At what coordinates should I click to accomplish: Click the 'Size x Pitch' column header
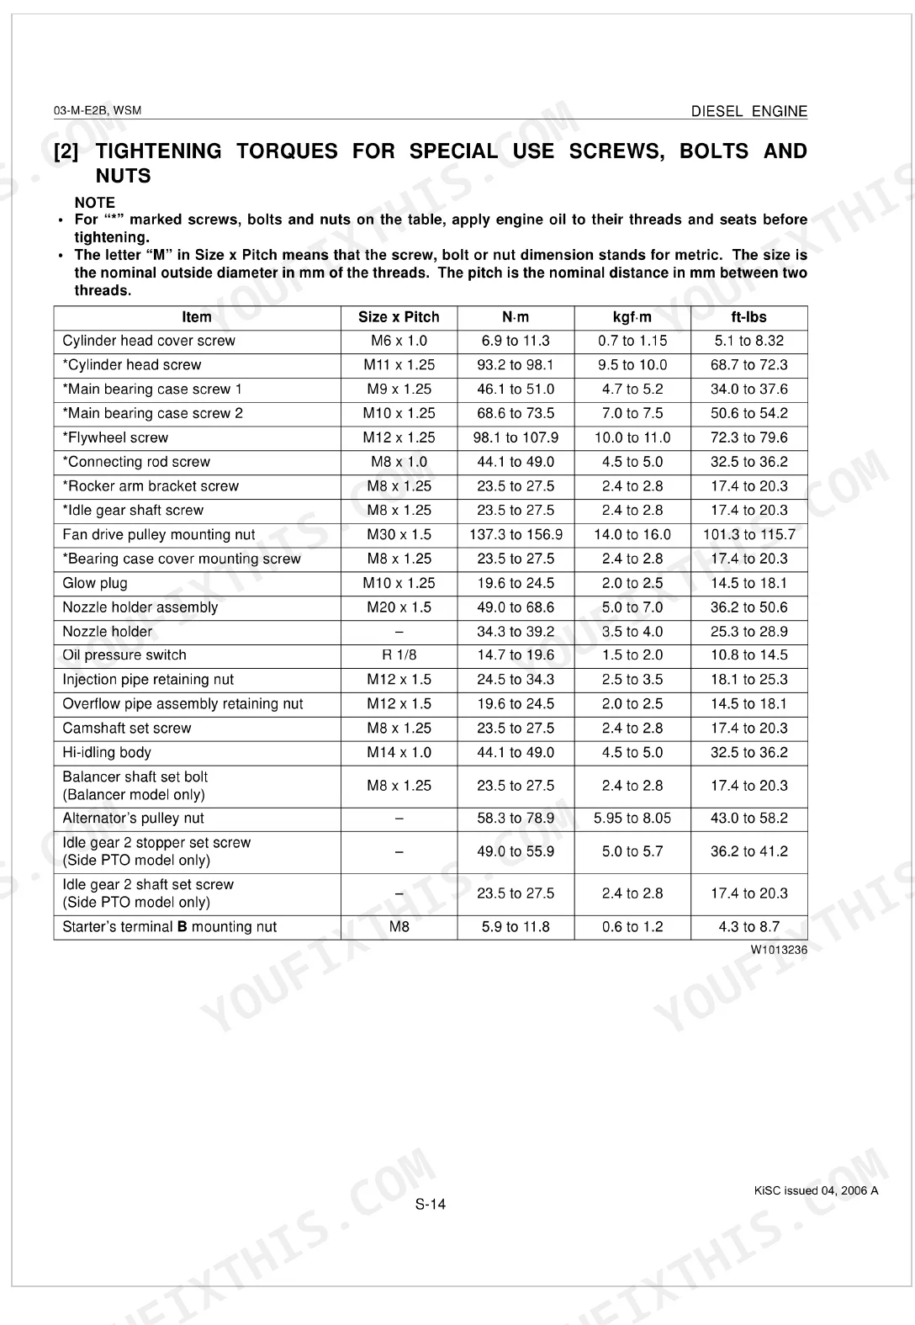pos(399,317)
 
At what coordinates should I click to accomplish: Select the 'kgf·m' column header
pos(632,317)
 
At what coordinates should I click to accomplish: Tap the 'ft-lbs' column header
pos(748,317)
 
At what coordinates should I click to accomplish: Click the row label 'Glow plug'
pos(95,583)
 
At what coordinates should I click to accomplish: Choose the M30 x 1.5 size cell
pos(399,535)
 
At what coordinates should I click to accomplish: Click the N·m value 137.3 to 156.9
pos(516,535)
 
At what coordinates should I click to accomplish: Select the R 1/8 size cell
pos(399,655)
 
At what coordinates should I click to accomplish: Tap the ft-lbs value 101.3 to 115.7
pos(748,535)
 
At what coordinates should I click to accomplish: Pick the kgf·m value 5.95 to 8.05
pos(632,819)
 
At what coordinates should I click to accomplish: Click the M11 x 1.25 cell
pos(399,365)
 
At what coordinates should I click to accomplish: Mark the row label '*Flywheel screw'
pos(115,437)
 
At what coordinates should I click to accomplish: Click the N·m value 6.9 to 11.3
pos(516,341)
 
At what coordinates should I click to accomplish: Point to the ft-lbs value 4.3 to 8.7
pos(748,927)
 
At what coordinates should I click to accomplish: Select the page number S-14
pos(431,1205)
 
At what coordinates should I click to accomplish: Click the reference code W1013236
pos(779,950)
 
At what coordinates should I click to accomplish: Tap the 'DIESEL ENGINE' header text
pos(748,111)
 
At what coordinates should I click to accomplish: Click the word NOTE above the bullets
pos(94,203)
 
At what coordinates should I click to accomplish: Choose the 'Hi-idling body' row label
pos(107,753)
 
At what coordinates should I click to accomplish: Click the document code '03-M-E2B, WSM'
pos(98,111)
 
